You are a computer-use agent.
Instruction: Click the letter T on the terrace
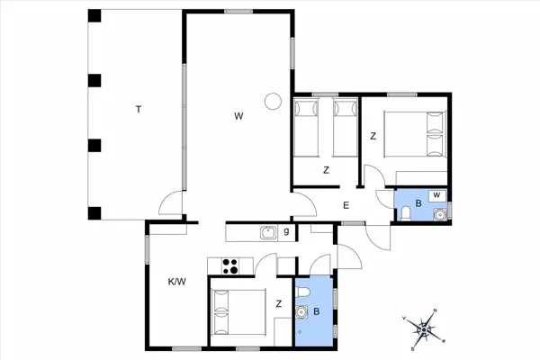click(x=139, y=110)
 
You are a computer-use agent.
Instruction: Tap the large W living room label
click(x=238, y=116)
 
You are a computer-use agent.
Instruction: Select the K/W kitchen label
click(x=177, y=282)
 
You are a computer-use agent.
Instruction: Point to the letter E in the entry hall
click(x=346, y=205)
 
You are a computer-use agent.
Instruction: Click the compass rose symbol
click(x=424, y=330)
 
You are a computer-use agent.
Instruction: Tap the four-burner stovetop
click(x=230, y=266)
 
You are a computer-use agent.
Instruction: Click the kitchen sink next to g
click(x=268, y=233)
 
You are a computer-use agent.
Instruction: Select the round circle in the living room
click(x=273, y=102)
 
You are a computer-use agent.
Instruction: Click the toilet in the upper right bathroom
click(x=406, y=213)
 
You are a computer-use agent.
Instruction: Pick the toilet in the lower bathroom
click(x=303, y=292)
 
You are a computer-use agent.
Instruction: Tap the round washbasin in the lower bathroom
click(x=301, y=312)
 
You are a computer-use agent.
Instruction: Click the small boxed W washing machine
click(x=437, y=195)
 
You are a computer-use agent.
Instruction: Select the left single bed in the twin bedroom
click(x=306, y=128)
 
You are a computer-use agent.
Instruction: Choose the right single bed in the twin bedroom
click(x=346, y=128)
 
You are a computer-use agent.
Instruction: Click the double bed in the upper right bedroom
click(x=415, y=134)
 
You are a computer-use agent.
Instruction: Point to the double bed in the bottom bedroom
click(x=239, y=312)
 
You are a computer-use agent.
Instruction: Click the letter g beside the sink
click(x=286, y=231)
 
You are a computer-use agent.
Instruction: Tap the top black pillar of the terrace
click(x=94, y=16)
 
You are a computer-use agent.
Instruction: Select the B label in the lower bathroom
click(x=317, y=311)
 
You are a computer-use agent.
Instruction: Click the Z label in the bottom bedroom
click(x=279, y=303)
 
